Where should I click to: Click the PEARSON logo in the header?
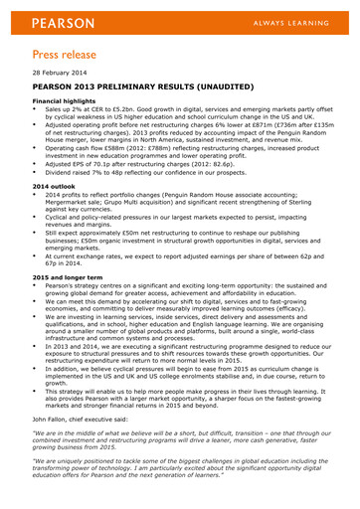coord(64,22)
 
